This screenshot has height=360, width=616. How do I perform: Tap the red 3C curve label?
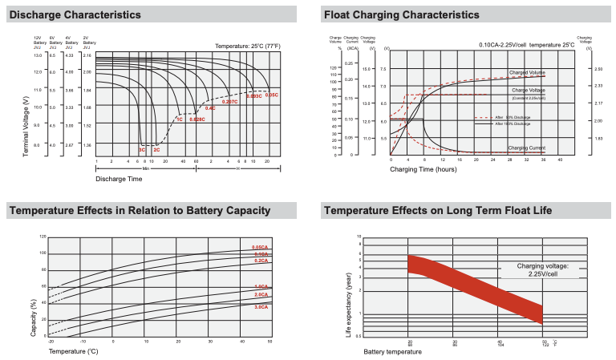pos(141,150)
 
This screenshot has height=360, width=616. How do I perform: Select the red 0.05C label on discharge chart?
pos(271,95)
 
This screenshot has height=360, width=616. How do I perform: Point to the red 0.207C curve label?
pos(230,102)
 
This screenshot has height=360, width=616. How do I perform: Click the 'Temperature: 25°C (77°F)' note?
pos(247,47)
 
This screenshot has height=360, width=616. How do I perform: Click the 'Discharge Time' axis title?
pos(119,178)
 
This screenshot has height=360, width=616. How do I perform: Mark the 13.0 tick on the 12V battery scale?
pos(37,55)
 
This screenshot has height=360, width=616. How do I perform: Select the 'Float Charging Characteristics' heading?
pos(401,14)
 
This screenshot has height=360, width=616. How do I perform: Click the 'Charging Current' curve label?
pos(528,148)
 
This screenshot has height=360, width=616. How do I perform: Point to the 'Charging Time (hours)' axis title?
pos(423,169)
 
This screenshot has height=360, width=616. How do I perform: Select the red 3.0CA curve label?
pos(260,306)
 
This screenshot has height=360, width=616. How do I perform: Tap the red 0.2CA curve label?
pos(260,261)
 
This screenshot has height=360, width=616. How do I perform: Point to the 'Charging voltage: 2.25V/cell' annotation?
pos(542,269)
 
